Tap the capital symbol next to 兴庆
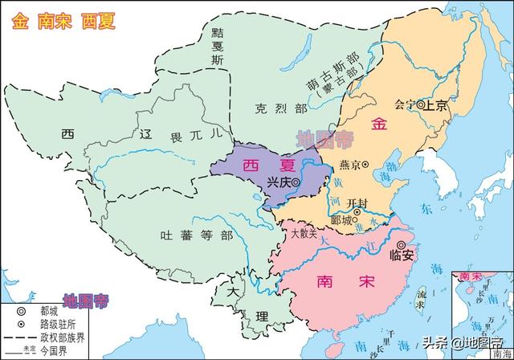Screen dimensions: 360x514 pos(296,183)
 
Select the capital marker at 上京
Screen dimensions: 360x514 pos(420,104)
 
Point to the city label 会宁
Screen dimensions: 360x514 pos(406,104)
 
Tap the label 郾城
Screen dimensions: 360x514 pos(340,219)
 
